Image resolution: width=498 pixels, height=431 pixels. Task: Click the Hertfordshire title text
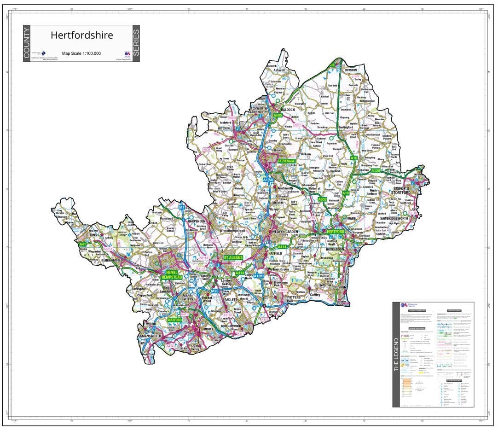81,35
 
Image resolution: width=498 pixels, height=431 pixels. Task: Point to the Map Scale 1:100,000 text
81,53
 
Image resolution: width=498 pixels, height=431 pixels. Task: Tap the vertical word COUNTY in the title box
27,43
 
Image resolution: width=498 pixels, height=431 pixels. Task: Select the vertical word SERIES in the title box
136,43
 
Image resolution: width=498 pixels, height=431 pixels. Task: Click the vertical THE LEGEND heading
396,355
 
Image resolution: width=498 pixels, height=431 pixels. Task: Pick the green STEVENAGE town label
286,161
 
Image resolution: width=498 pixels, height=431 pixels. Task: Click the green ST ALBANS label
233,257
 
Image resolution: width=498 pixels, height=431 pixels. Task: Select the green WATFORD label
175,319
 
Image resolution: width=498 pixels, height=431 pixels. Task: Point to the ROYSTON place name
351,70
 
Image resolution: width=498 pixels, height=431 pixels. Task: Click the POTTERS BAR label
293,300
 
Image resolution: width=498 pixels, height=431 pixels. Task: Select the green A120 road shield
376,170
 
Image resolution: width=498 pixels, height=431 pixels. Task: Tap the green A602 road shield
322,199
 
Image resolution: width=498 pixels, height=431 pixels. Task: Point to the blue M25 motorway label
214,291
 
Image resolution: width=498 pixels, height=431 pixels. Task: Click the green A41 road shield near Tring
83,244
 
